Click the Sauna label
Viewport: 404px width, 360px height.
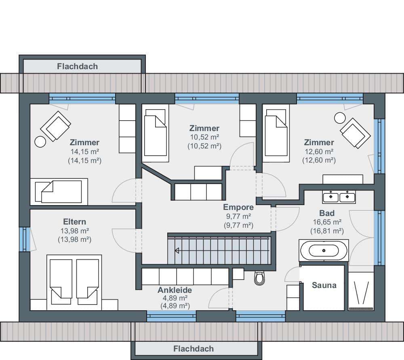point(324,285)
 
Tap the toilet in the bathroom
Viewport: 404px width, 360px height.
point(259,278)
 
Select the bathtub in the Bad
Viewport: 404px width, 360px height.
point(324,250)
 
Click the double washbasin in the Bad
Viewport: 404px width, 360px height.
point(339,197)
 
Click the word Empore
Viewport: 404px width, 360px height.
point(238,207)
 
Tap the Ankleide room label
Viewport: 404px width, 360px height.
point(175,290)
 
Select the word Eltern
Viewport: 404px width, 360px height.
point(74,222)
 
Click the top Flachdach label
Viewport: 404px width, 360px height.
point(77,66)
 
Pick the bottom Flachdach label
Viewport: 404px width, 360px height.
point(194,349)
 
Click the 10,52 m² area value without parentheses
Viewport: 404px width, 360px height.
point(204,137)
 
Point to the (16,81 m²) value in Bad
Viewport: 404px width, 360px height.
point(327,231)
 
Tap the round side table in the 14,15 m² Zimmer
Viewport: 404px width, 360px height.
point(40,142)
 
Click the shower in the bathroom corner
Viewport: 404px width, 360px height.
point(361,291)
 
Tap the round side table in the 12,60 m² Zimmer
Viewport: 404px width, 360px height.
point(340,118)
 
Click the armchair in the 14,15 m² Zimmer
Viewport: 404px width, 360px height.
point(55,126)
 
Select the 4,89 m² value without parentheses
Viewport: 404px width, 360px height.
point(175,298)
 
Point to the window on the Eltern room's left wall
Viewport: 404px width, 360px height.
point(25,239)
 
